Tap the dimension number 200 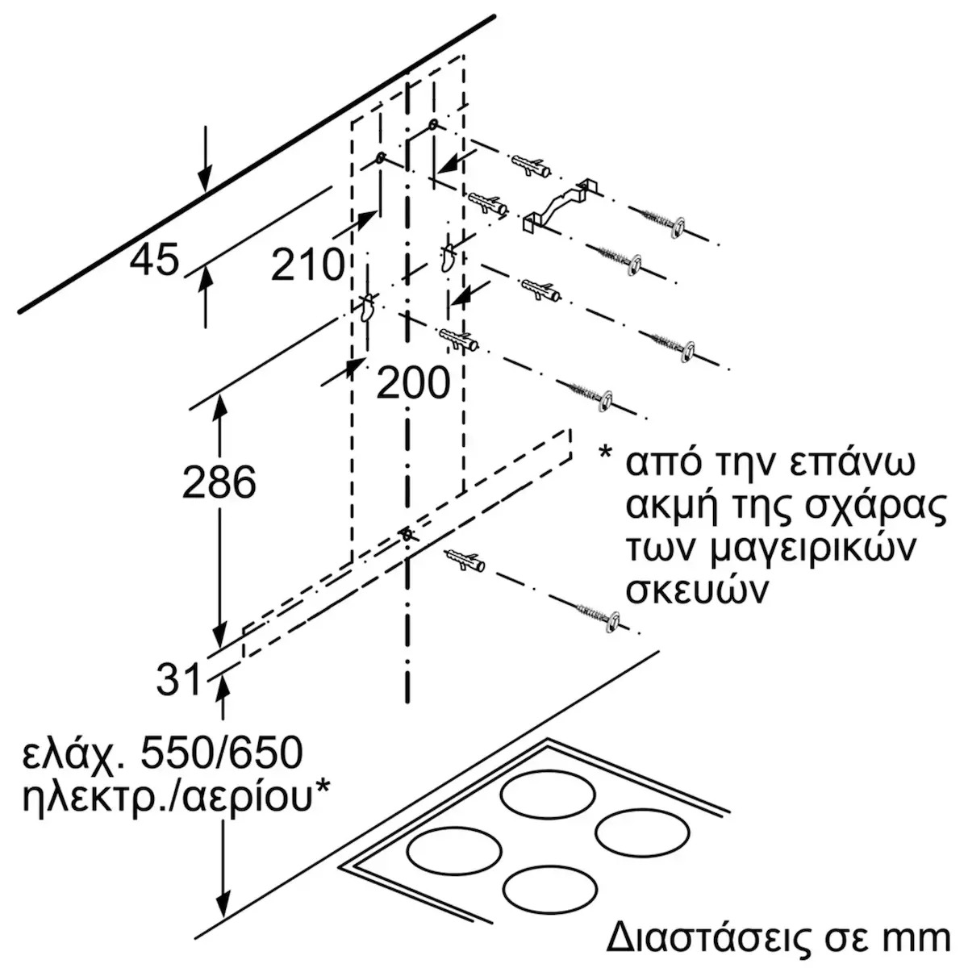point(413,382)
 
